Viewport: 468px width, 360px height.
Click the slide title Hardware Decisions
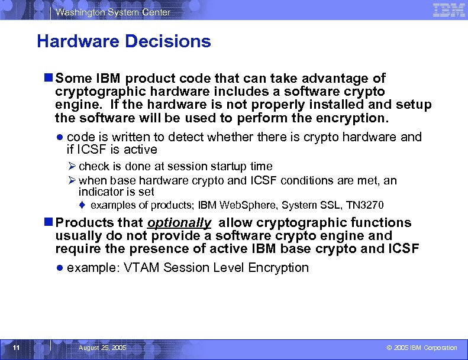[x=124, y=41]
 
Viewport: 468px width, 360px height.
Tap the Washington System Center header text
[x=114, y=12]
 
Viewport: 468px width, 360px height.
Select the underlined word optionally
[x=179, y=223]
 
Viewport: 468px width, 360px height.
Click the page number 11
[x=17, y=348]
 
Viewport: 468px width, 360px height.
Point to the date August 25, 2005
[x=102, y=348]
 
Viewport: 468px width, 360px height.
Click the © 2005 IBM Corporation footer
[x=421, y=348]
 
